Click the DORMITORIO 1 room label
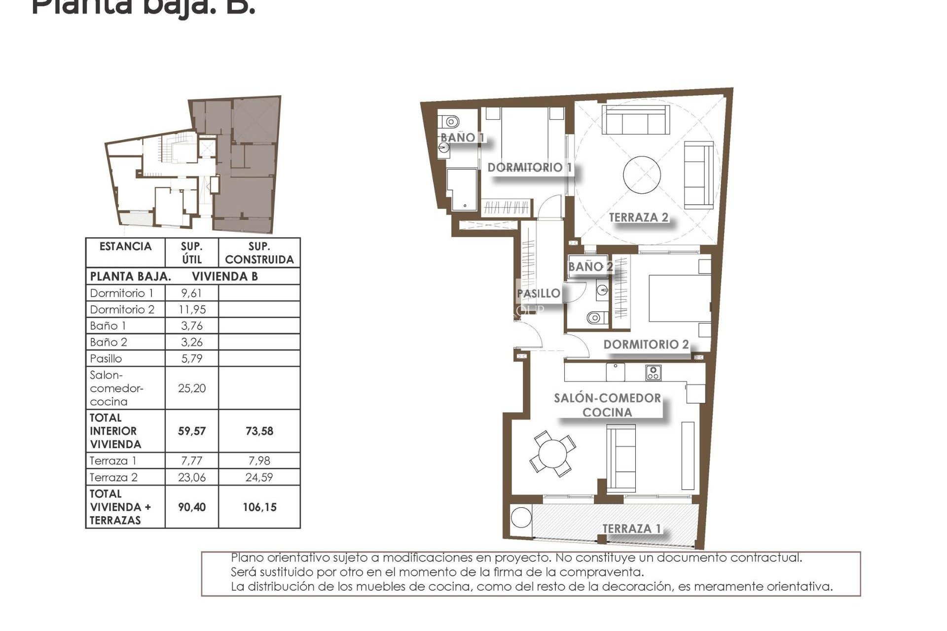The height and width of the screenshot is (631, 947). pyautogui.click(x=529, y=168)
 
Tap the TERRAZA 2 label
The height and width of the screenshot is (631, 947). pyautogui.click(x=638, y=217)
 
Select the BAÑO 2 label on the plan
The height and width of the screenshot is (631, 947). pyautogui.click(x=590, y=267)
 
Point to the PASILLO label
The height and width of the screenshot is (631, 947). pyautogui.click(x=539, y=293)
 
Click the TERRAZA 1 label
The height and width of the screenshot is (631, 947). pyautogui.click(x=631, y=529)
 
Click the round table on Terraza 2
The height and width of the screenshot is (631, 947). pyautogui.click(x=642, y=175)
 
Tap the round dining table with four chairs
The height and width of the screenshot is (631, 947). pyautogui.click(x=552, y=454)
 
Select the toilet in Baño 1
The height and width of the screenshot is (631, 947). pyautogui.click(x=449, y=121)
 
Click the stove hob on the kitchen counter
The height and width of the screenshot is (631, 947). pyautogui.click(x=653, y=373)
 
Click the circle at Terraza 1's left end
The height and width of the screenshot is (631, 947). pyautogui.click(x=521, y=517)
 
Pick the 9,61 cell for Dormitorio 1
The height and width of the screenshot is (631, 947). pyautogui.click(x=191, y=293)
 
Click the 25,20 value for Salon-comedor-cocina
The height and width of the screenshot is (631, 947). pyautogui.click(x=191, y=388)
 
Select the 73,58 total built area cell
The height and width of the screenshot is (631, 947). pyautogui.click(x=259, y=431)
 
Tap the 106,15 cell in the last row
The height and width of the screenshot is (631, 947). pyautogui.click(x=259, y=507)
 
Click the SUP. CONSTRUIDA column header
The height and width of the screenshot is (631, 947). pyautogui.click(x=259, y=253)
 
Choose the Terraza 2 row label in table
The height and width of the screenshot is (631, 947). pyautogui.click(x=114, y=478)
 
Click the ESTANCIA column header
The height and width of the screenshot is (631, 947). pyautogui.click(x=125, y=246)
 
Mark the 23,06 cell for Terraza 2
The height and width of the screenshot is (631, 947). pyautogui.click(x=191, y=478)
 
